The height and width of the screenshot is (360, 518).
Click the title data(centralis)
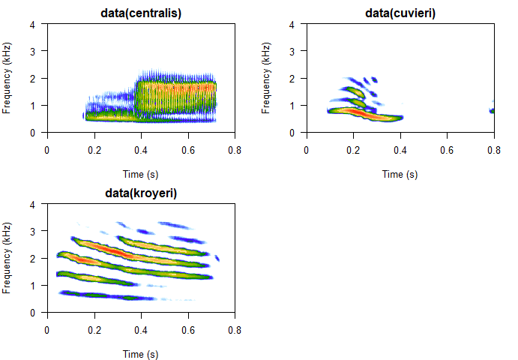[x=142, y=13]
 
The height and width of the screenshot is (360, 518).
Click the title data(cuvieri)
[x=400, y=13]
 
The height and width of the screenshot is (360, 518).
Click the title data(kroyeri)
[x=142, y=193]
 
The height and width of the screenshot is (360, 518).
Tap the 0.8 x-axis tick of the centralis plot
[x=235, y=150]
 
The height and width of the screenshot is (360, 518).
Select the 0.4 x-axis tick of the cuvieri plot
[x=400, y=150]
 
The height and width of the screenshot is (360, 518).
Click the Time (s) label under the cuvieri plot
[x=400, y=174]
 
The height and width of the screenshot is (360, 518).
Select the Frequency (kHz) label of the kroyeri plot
[x=7, y=258]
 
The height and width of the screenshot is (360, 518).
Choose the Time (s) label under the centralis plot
[x=142, y=174]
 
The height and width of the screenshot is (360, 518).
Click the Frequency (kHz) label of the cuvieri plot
[x=266, y=78]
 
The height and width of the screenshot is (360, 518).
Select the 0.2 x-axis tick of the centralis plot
[x=94, y=150]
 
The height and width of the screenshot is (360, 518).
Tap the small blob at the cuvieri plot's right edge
[x=492, y=111]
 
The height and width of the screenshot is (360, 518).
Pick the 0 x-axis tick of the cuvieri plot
[x=306, y=150]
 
